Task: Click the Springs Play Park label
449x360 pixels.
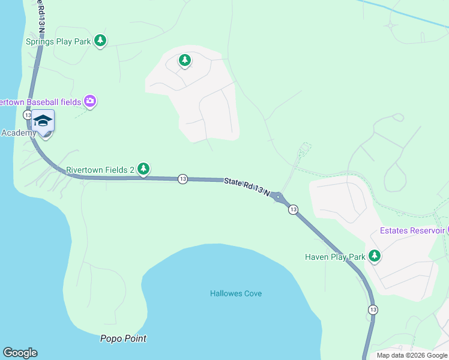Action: (57, 41)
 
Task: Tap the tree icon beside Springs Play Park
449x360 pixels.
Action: (100, 41)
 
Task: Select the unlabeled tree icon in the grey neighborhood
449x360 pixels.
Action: (185, 60)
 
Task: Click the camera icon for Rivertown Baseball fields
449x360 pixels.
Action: (90, 101)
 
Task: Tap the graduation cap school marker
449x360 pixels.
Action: (43, 122)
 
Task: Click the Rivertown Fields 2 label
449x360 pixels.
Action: (100, 170)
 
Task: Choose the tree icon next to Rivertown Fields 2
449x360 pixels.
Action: (143, 170)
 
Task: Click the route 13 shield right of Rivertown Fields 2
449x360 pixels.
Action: (182, 179)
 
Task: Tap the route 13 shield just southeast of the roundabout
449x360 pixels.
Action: (292, 209)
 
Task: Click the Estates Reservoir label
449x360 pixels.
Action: (412, 230)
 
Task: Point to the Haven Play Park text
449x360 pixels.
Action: (335, 257)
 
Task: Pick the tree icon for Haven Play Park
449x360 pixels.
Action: (375, 257)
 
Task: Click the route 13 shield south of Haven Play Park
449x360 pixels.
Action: (373, 309)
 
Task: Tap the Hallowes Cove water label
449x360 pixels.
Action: (236, 293)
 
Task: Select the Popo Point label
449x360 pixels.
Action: (122, 338)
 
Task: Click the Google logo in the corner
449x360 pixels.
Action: (20, 353)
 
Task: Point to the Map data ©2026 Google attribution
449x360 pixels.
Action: (412, 355)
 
